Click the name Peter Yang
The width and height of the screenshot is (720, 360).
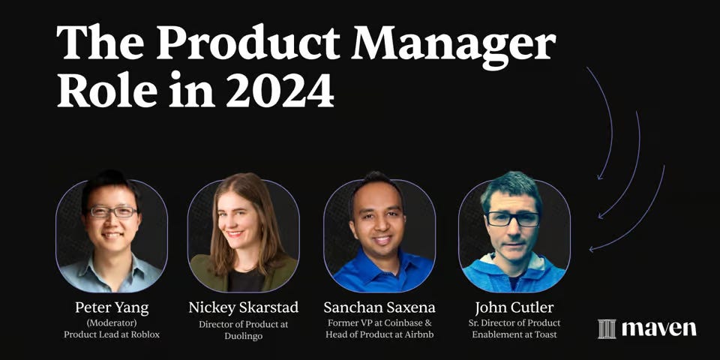click(111, 307)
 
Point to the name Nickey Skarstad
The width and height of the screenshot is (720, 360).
click(243, 307)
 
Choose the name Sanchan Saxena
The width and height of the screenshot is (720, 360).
click(379, 307)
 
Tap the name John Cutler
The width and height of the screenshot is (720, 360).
click(514, 307)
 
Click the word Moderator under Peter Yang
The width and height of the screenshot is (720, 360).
click(112, 323)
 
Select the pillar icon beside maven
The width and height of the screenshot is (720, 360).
click(607, 328)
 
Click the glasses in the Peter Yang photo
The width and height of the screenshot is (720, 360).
click(112, 212)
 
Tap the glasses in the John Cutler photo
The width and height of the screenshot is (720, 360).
click(513, 218)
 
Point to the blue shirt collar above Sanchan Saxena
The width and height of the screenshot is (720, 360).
click(379, 264)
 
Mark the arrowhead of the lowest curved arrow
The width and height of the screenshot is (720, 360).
click(592, 248)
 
